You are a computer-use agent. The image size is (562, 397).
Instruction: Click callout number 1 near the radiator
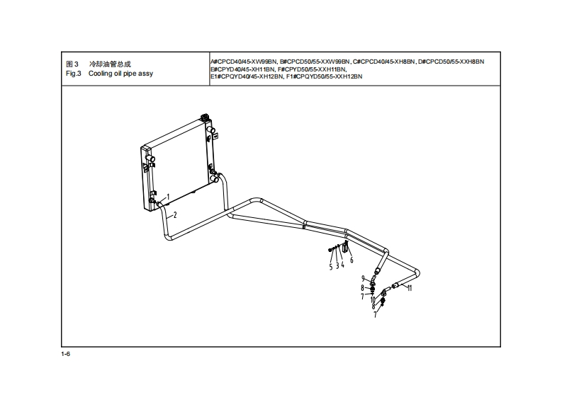168,196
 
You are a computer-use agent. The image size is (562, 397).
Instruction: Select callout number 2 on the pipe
175,214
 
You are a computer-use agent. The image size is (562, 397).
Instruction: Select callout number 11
410,288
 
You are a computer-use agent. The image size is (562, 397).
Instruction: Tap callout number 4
343,265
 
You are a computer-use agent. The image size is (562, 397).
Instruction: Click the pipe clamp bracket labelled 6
345,248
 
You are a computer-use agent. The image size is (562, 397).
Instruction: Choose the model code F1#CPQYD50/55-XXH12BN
324,76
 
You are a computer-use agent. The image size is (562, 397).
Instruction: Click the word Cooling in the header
100,74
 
